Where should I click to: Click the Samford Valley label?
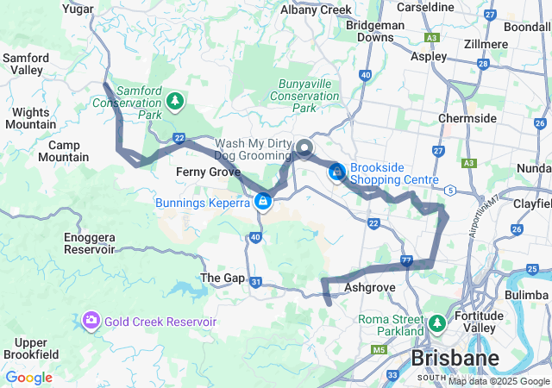26,64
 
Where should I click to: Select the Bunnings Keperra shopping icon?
262,202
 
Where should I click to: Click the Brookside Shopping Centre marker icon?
337,174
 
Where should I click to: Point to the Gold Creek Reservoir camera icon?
91,322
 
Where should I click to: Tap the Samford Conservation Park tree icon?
175,102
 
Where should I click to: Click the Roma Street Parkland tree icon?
437,324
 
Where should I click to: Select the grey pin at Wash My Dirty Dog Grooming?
304,148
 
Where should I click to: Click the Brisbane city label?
455,357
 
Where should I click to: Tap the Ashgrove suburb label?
368,286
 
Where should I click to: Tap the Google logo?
28,378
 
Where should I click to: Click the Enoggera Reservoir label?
89,243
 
